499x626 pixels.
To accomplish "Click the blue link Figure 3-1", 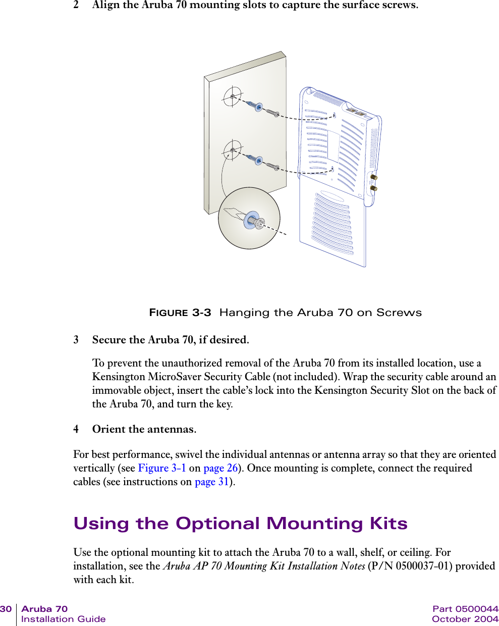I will point(161,468).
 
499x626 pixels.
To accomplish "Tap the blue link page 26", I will point(220,468).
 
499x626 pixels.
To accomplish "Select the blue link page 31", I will point(212,482).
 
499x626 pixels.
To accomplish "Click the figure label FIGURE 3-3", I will point(180,312).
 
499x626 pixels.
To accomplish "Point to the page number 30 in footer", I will point(6,609).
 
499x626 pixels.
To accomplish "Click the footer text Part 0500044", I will point(465,609).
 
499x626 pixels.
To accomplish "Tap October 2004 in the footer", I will point(465,619).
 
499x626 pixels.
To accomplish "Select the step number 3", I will point(76,340).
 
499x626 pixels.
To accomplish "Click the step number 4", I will point(76,429).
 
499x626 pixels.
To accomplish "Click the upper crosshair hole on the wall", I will point(233,96).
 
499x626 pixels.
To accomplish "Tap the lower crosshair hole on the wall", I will point(233,150).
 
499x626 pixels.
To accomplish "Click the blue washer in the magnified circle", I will point(251,221).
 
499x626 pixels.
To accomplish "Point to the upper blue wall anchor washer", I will point(258,107).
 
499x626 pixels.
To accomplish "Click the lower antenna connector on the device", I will point(374,188).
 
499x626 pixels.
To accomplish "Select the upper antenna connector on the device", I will point(374,177).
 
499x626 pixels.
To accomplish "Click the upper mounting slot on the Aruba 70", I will point(334,116).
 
